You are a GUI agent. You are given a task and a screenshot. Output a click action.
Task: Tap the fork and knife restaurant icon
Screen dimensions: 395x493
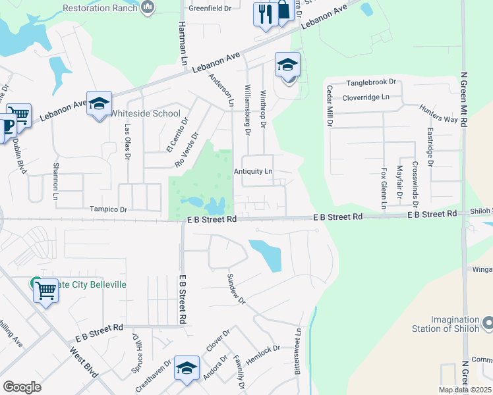[x=265, y=14]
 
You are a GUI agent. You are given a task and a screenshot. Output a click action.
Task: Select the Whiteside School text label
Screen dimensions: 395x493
[x=144, y=113]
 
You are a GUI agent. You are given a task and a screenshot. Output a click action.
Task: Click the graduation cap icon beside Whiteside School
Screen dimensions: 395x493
[x=99, y=104]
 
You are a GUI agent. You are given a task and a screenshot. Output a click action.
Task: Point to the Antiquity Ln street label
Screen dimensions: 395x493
[x=253, y=171]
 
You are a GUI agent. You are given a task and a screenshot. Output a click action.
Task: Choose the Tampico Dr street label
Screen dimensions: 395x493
[x=107, y=209]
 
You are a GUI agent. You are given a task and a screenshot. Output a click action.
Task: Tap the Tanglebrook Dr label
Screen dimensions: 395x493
[x=371, y=83]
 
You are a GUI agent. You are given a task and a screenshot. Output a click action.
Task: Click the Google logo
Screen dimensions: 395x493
[x=22, y=387]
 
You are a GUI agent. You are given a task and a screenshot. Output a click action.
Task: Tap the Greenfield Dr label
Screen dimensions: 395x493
[x=210, y=9]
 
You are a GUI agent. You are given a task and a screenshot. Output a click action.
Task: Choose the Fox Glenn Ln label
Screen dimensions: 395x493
[x=384, y=188]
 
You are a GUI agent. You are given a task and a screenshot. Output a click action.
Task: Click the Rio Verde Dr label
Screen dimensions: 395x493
[x=187, y=150]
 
